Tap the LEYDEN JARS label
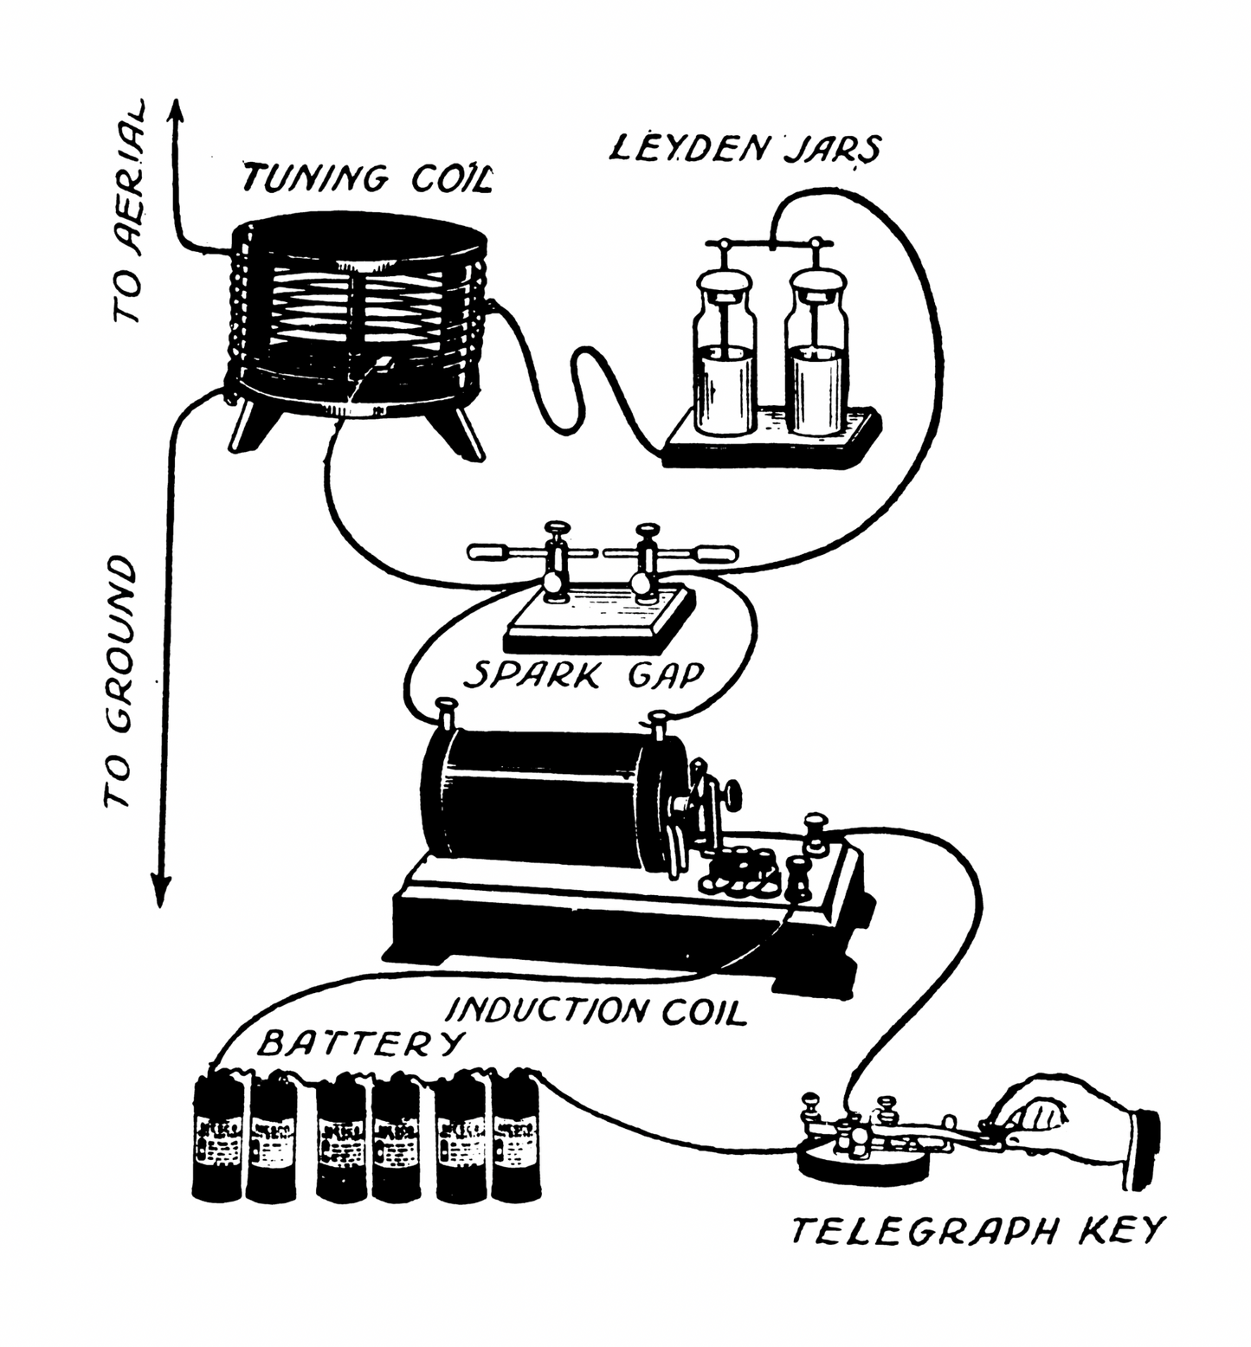[745, 149]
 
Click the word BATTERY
[357, 1044]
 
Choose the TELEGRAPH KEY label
[978, 1230]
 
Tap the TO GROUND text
[120, 684]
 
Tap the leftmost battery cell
[217, 1139]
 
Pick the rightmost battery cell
[515, 1139]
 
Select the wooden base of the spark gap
[597, 619]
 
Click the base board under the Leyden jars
[771, 441]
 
